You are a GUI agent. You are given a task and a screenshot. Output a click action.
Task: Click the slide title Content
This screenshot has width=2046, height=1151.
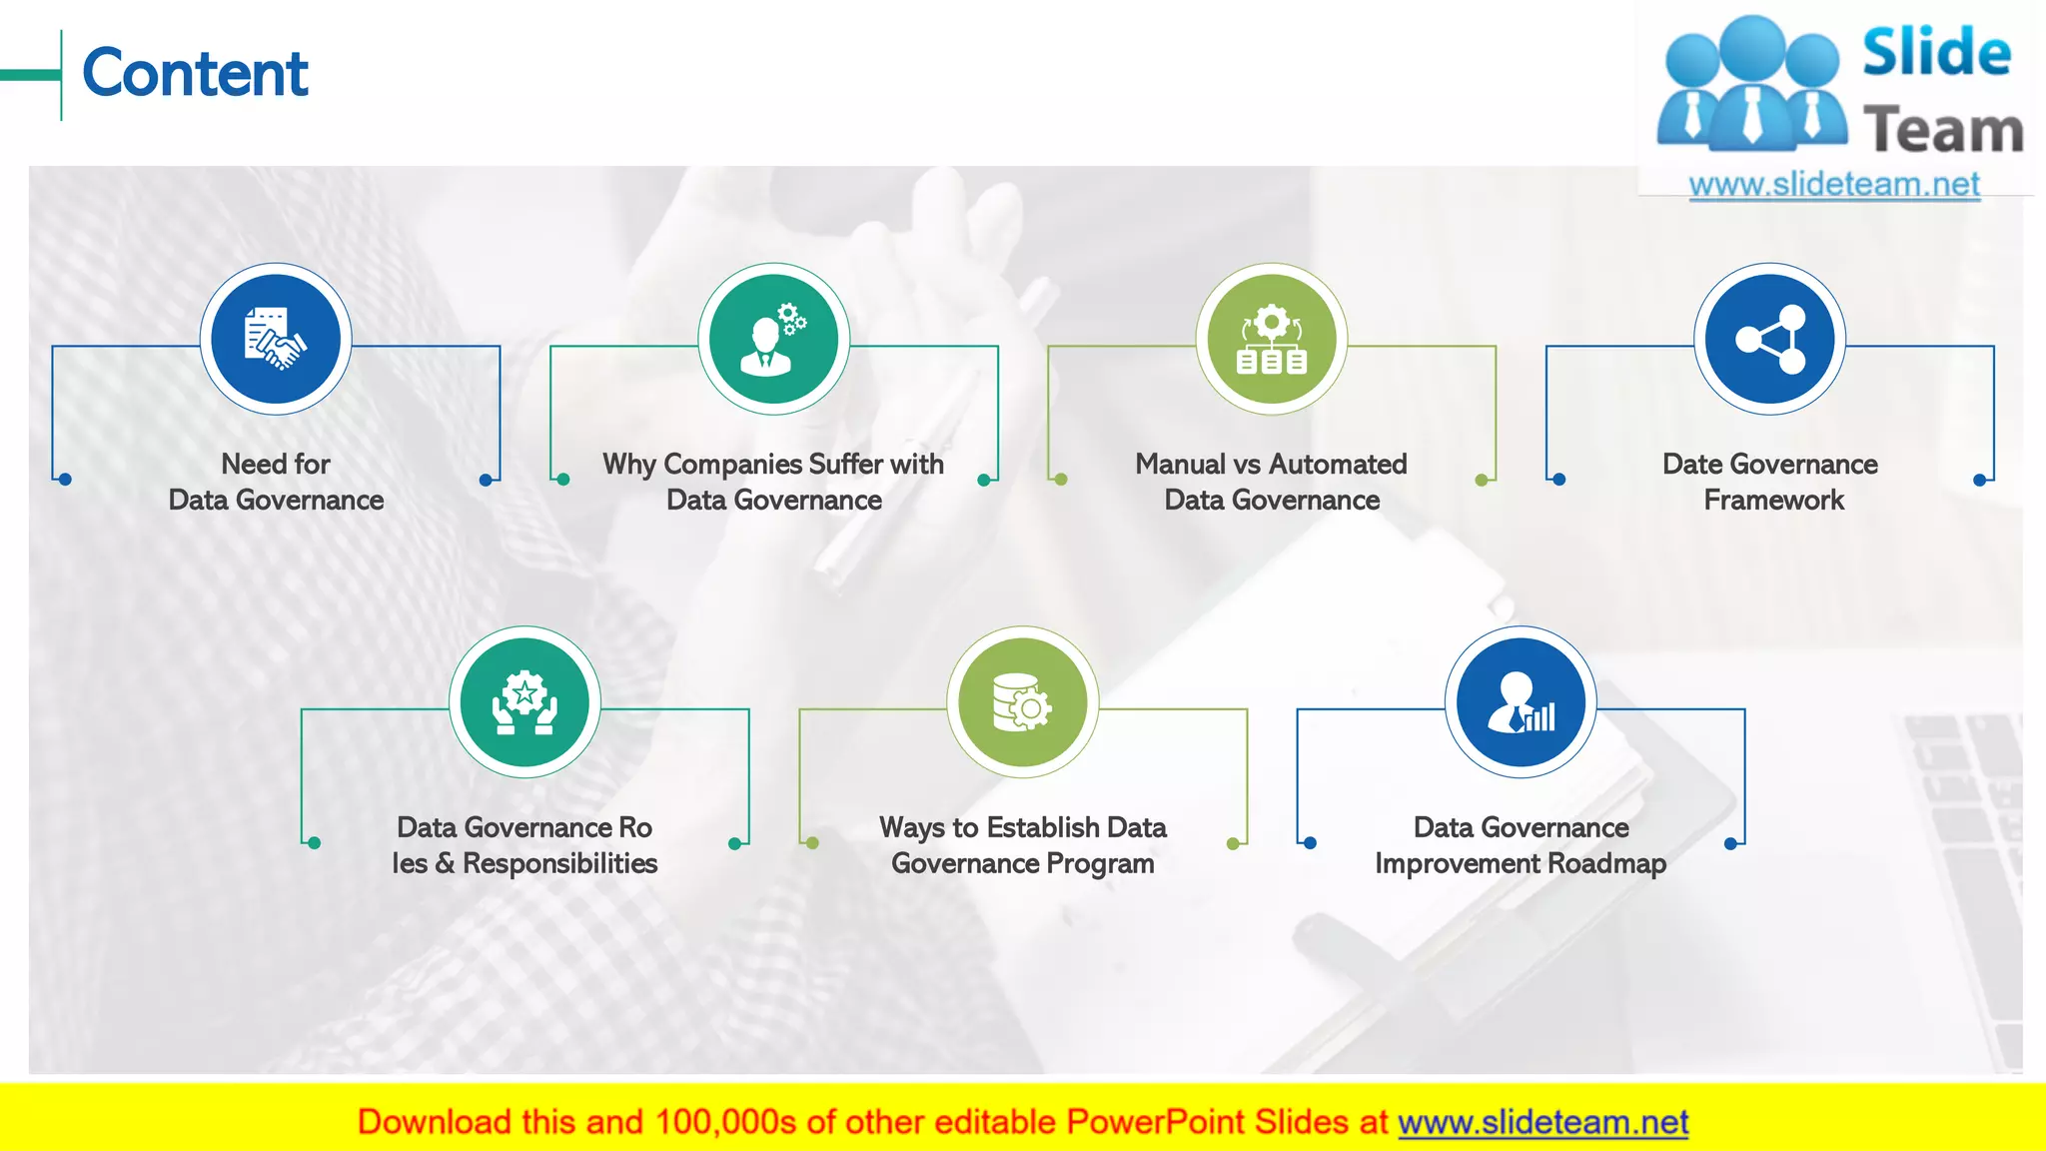point(196,74)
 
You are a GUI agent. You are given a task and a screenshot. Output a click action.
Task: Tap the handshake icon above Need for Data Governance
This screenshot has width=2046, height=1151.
point(276,339)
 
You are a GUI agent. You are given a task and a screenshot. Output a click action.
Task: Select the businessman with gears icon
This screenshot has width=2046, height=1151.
point(773,339)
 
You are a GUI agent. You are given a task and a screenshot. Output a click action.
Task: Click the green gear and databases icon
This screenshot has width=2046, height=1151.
point(1271,339)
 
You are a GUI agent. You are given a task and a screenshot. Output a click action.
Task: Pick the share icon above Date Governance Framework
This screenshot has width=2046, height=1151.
point(1769,339)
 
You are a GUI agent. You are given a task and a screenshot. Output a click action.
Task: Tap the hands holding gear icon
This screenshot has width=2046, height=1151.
point(524,702)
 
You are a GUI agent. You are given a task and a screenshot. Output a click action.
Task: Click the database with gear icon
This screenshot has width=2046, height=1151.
point(1022,702)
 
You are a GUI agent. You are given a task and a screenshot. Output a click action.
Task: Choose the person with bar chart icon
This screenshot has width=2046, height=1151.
point(1521,702)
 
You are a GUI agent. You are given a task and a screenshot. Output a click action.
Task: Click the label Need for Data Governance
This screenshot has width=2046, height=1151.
point(276,482)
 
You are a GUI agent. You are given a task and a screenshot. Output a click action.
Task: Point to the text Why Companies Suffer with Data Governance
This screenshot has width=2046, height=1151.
point(773,482)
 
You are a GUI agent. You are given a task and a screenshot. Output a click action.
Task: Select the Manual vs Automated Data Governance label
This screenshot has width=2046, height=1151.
point(1271,482)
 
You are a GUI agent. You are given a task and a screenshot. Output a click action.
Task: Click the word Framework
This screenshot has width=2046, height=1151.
point(1773,500)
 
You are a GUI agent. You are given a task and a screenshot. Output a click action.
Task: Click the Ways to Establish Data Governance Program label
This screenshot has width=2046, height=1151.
point(1022,845)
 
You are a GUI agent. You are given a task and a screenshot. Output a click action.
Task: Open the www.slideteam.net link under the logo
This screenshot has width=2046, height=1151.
point(1834,185)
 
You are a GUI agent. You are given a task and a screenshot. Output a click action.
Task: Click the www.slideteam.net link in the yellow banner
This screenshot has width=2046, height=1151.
point(1542,1122)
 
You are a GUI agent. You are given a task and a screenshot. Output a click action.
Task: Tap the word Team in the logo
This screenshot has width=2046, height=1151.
point(1943,131)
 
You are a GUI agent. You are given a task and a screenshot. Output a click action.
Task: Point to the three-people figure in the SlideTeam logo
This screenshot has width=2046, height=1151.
point(1751,85)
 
